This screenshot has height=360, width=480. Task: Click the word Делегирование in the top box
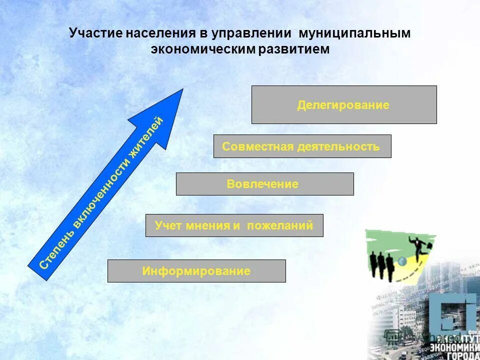tap(343, 105)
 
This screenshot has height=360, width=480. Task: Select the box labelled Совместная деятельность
tap(302, 146)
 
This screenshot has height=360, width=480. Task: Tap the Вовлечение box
tap(264, 184)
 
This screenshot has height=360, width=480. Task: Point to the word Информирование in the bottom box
tap(196, 271)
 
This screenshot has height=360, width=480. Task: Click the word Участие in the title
tap(95, 33)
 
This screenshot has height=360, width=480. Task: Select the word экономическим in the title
tap(202, 49)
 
